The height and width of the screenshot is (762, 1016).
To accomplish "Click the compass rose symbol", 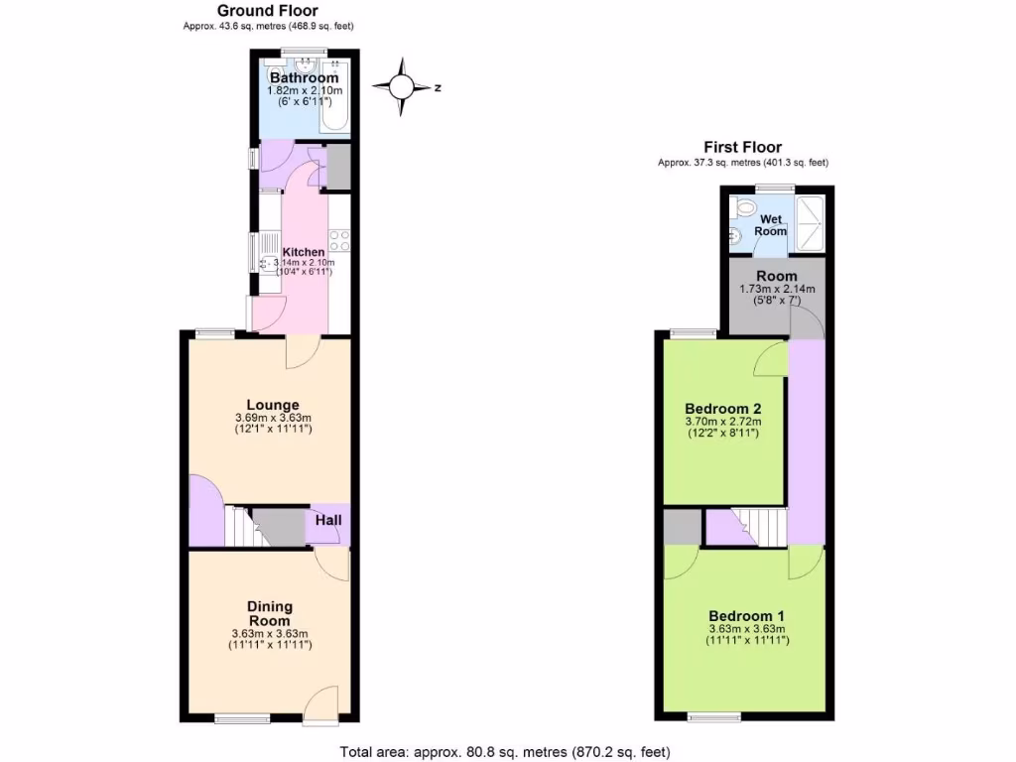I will click(402, 87).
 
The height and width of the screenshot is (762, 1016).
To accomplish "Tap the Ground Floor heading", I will click(268, 11).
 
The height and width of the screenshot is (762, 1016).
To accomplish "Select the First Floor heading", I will click(742, 147).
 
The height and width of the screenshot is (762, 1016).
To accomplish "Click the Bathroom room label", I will click(305, 77).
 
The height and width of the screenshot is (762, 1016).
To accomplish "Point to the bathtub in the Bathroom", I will click(333, 99).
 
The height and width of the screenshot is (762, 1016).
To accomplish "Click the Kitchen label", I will click(304, 252).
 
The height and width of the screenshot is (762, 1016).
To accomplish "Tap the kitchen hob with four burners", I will click(338, 239).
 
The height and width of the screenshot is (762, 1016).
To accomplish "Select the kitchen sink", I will click(267, 264).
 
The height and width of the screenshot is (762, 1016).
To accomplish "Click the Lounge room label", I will click(273, 405).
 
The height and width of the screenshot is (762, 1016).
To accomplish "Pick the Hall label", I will click(329, 520).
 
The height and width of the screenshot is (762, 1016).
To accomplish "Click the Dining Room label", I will click(270, 613).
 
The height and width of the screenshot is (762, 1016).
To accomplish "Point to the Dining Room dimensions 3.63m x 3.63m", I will click(270, 635).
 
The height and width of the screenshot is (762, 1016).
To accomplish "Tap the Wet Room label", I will click(772, 225).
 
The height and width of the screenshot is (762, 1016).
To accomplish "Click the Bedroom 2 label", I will click(722, 408).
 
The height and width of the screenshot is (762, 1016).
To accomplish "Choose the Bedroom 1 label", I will click(747, 614).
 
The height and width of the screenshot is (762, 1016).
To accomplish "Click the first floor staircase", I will click(760, 525).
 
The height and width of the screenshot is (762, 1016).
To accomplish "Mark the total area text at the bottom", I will click(512, 751).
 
